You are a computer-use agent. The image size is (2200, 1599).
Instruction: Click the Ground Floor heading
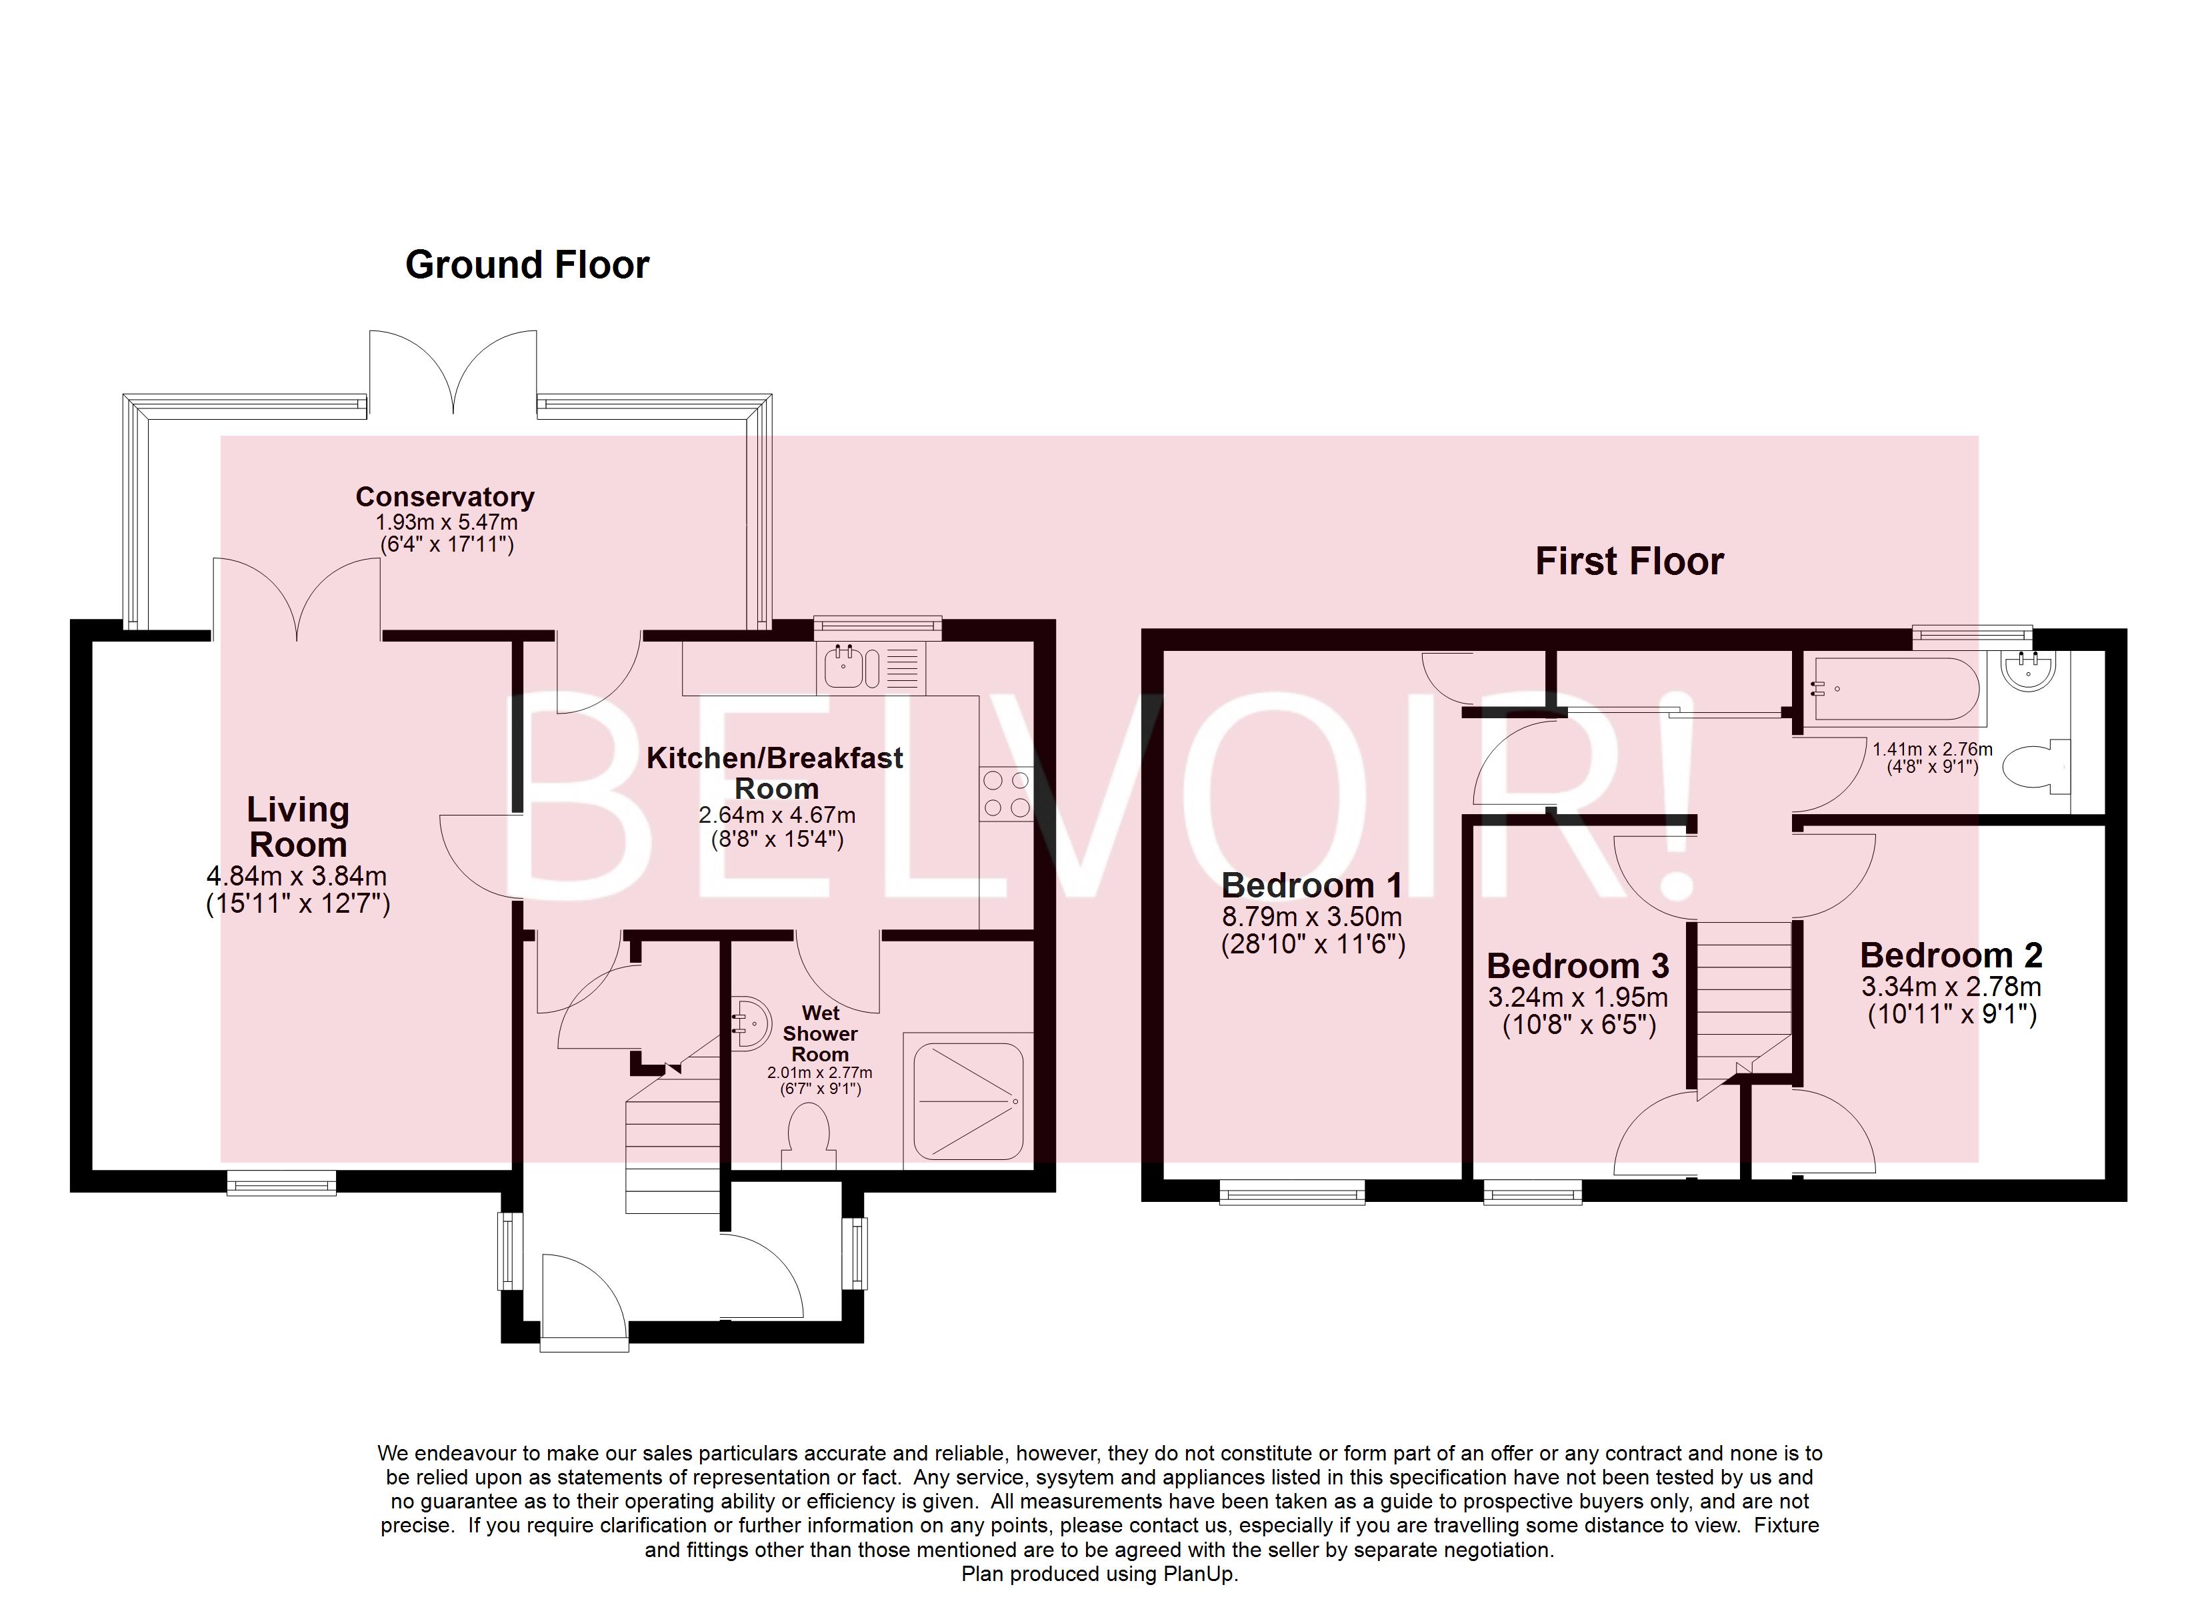(527, 265)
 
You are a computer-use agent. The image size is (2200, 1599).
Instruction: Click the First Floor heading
(1629, 562)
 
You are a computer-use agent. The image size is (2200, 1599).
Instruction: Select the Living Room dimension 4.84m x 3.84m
(297, 875)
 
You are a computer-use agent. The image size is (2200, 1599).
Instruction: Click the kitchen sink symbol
(845, 667)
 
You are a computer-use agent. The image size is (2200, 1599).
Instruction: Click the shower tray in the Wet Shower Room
(968, 1101)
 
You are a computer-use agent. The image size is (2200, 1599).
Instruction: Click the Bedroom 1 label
(1311, 885)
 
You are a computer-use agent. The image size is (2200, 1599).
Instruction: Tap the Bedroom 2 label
(1951, 955)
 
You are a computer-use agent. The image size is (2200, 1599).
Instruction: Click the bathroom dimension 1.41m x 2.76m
(1932, 749)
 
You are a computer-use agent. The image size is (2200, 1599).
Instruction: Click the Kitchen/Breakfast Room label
(775, 772)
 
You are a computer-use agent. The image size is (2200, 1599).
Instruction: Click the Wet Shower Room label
(819, 1033)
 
